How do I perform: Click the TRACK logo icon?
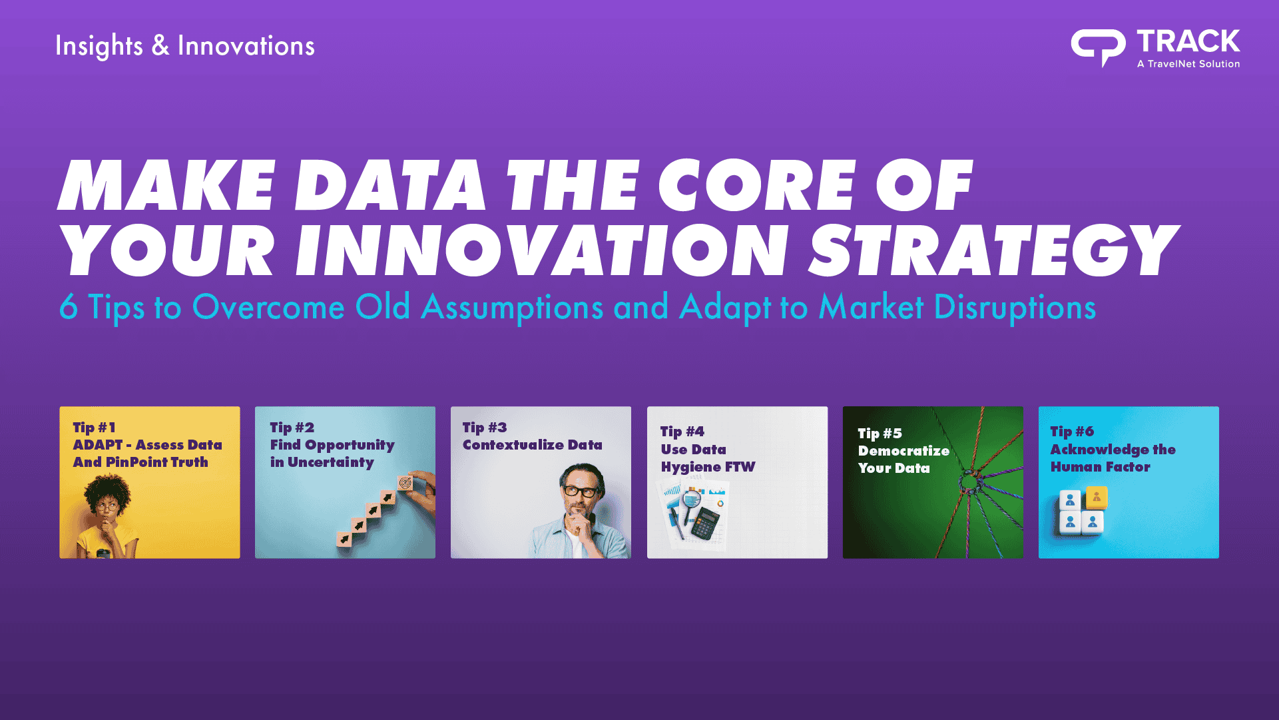click(1098, 47)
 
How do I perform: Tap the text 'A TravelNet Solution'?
click(1188, 64)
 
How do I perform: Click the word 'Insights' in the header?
click(99, 46)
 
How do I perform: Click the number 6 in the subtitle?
click(69, 307)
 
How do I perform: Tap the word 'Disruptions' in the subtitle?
click(1015, 308)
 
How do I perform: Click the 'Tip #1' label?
click(94, 428)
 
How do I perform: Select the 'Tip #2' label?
click(292, 428)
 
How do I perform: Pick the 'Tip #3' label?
click(485, 428)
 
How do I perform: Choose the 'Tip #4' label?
click(682, 432)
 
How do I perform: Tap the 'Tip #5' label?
click(880, 434)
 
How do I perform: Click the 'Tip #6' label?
click(1072, 432)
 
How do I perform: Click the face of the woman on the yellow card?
click(106, 510)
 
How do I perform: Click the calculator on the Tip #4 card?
click(706, 524)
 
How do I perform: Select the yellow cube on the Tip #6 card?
click(1097, 497)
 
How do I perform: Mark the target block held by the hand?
click(405, 484)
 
